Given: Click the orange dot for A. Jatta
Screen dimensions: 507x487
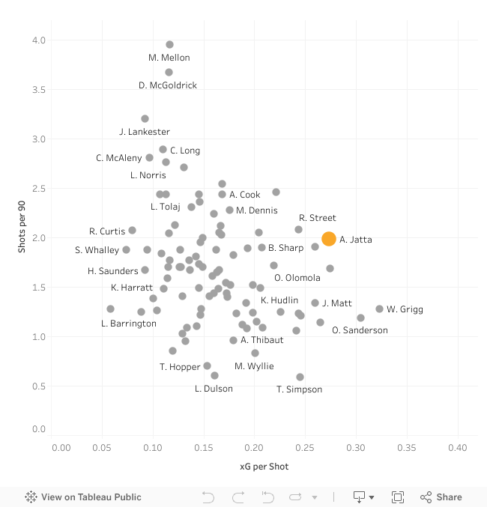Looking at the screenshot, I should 328,239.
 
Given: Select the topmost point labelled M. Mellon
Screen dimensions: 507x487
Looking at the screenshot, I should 169,45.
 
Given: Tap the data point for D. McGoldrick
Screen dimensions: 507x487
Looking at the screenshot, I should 169,73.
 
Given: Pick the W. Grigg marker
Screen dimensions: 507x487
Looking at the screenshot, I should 379,309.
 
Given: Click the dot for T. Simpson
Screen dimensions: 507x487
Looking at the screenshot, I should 300,377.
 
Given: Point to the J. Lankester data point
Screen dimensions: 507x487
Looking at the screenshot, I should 145,119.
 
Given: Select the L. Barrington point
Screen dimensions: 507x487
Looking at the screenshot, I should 110,309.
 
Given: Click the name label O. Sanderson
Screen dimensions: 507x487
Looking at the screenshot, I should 360,330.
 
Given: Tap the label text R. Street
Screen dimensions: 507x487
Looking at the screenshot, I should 317,218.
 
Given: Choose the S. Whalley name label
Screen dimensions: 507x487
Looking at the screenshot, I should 97,250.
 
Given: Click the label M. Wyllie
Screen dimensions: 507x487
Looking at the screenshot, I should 254,366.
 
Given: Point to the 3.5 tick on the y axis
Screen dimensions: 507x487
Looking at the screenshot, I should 37,90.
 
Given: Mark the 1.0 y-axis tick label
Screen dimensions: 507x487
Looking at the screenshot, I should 37,337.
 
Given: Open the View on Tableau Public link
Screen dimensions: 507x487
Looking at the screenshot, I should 83,497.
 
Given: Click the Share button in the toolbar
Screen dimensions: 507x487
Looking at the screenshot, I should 441,497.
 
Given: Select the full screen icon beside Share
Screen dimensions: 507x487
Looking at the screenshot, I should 398,497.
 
